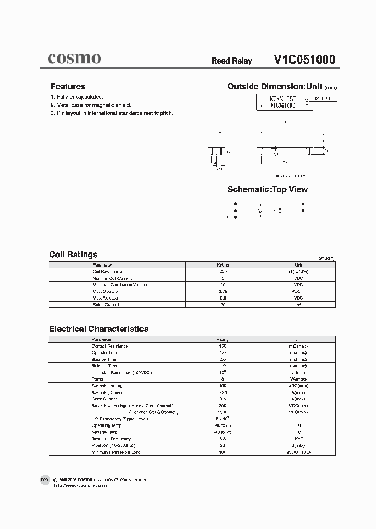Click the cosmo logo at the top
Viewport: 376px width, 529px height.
[74, 59]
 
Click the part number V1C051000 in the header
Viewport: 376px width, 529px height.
[304, 60]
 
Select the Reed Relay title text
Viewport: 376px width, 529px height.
[231, 61]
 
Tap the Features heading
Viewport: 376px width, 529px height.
[68, 87]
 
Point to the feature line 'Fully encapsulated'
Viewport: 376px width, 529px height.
[77, 97]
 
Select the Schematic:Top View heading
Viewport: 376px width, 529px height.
[267, 189]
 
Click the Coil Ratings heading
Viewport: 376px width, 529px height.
[73, 255]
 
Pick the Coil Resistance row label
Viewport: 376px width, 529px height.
[107, 272]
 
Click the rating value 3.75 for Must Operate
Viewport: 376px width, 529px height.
[222, 291]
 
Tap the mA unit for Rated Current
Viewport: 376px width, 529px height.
[298, 304]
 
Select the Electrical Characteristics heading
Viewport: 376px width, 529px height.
[99, 329]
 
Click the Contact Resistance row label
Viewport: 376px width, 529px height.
[110, 346]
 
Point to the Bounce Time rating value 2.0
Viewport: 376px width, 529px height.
[222, 359]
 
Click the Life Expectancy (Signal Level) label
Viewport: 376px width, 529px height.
[120, 419]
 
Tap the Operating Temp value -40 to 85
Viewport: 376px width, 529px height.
[222, 425]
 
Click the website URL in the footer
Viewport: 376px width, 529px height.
[80, 486]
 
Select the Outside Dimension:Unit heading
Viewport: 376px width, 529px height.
[275, 87]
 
